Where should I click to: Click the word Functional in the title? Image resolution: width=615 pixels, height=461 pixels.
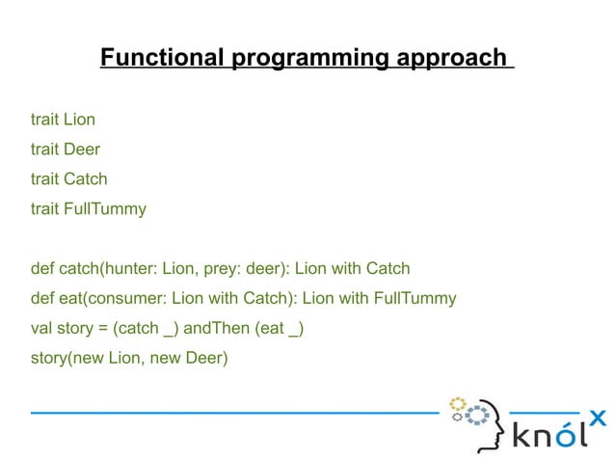coord(163,59)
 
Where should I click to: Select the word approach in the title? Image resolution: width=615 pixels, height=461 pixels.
coord(450,59)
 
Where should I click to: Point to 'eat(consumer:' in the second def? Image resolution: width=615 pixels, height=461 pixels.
coord(106,298)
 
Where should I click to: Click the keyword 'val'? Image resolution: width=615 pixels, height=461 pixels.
coord(42,328)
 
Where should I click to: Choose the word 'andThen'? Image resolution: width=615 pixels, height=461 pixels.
coord(217,328)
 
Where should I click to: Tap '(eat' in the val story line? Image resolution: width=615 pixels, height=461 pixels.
coord(271,328)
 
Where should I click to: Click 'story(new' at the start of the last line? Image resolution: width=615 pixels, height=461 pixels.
coord(67,358)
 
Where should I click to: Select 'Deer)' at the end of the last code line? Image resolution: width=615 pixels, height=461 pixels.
coord(206,358)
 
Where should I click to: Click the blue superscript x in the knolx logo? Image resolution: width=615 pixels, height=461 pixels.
coord(597,418)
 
